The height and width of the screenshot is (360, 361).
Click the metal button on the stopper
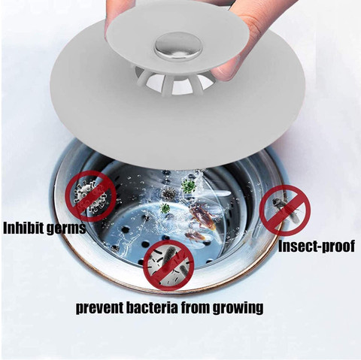point(178,46)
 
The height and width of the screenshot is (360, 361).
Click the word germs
point(66,228)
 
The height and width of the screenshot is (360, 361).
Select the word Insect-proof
point(317,246)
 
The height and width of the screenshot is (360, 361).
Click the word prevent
point(99,307)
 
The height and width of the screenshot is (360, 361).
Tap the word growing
point(238,308)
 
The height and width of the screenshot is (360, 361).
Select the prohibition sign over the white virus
point(91,196)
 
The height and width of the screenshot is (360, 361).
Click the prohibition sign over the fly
point(285,210)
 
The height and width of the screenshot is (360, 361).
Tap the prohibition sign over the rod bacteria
point(168,265)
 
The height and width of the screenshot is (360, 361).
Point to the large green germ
point(188,186)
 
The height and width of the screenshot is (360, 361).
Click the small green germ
point(165,208)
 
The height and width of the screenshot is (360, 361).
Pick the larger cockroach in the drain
point(202,217)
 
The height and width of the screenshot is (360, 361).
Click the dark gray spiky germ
point(168,193)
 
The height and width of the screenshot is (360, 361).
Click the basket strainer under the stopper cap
point(173,80)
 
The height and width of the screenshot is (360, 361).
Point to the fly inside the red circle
point(284,209)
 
